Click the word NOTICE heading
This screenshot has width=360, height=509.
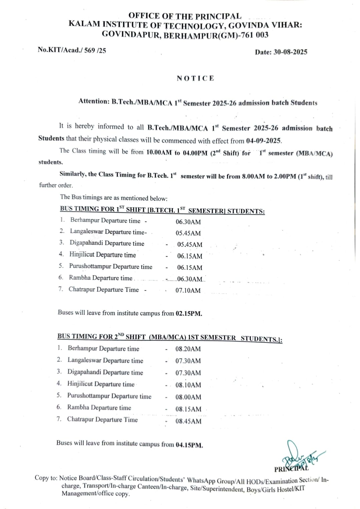coord(195,79)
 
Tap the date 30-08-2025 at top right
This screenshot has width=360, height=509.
coord(290,52)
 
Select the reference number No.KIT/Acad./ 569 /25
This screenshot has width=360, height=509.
coord(72,50)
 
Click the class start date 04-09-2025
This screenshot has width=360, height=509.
coord(264,141)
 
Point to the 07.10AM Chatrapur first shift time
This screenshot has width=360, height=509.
coord(188,290)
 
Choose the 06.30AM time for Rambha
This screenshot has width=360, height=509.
coord(190,279)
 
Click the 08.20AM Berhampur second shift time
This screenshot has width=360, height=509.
coord(188,349)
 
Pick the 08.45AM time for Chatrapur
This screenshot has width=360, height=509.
coord(188,421)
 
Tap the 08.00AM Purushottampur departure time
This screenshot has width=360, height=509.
coord(188,397)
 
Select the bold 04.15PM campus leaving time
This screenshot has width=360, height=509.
coord(189,445)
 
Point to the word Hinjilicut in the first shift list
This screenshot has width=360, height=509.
coord(82,255)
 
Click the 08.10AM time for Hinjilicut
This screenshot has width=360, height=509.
coord(188,385)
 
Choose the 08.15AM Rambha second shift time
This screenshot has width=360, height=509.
coord(188,409)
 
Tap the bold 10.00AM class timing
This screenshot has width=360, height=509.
coord(159,153)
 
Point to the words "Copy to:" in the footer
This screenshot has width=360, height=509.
coord(46,478)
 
